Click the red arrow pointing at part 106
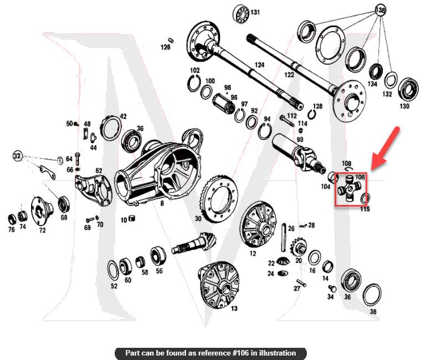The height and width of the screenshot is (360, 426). [386, 147]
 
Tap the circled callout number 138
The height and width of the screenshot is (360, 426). [380, 10]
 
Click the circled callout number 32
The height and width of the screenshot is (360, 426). [18, 156]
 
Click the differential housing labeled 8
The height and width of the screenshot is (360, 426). [158, 172]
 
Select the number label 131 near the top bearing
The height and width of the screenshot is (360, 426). [255, 12]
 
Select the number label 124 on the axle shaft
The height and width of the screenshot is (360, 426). [259, 65]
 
